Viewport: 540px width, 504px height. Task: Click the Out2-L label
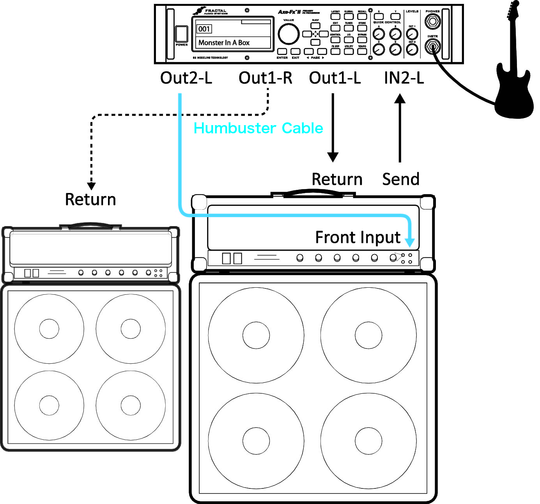[186, 78]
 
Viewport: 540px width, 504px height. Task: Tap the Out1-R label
[265, 78]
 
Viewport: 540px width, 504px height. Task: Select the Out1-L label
[335, 78]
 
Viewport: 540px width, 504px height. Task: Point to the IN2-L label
[404, 78]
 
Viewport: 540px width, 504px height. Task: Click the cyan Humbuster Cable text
[258, 128]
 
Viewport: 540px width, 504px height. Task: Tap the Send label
[400, 179]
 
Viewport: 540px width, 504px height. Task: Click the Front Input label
[358, 237]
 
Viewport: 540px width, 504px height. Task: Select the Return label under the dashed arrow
[90, 200]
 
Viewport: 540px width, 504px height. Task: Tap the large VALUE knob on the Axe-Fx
[289, 34]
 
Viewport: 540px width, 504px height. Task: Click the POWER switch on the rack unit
[181, 34]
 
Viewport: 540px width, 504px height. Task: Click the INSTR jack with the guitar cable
[432, 48]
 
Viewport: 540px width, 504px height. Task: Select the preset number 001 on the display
[204, 29]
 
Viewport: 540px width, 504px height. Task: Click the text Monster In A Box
[224, 43]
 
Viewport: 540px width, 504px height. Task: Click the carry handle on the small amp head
[90, 225]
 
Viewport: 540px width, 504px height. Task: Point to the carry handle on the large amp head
[313, 192]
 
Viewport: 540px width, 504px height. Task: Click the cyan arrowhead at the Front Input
[409, 242]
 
